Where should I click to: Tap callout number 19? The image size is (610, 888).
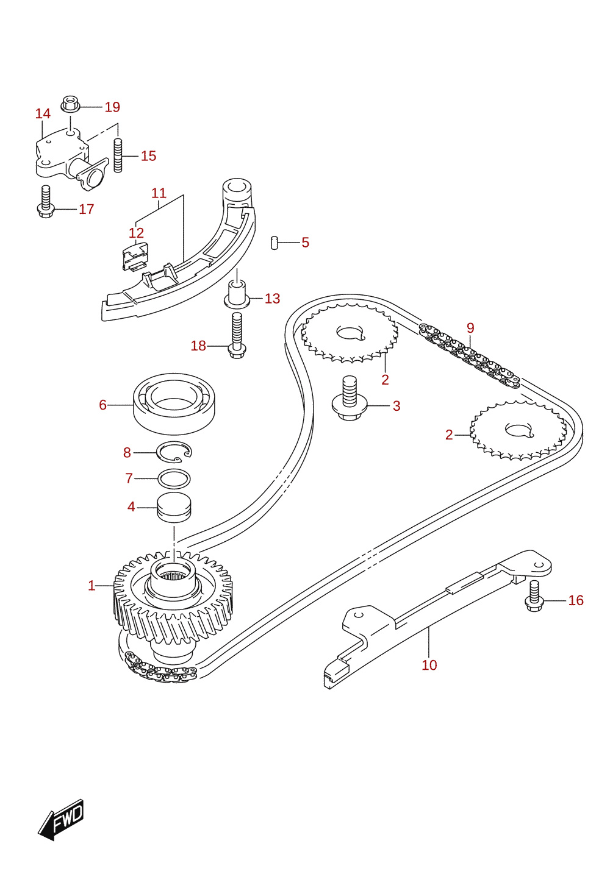click(x=112, y=107)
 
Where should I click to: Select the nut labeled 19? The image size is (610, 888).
click(x=71, y=104)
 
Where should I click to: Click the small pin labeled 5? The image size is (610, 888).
click(x=274, y=243)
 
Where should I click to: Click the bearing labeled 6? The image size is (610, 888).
click(x=174, y=403)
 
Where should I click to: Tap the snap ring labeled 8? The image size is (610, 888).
click(x=174, y=452)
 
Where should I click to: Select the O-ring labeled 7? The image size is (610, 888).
click(x=174, y=478)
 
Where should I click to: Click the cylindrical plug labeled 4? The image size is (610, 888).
click(x=174, y=508)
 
